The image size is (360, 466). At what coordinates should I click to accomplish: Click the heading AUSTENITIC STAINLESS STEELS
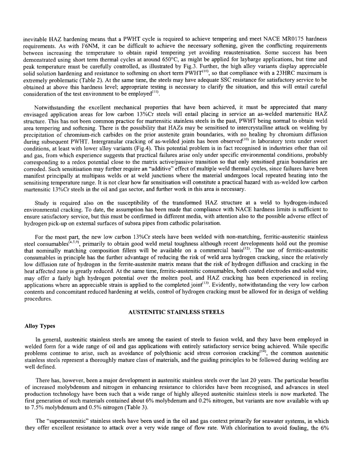coord(176,312)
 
